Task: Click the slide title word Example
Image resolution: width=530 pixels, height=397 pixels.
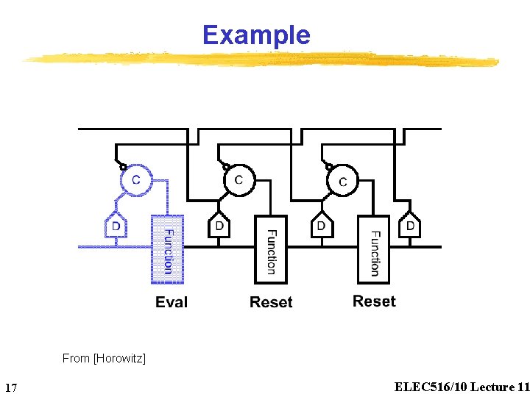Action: pyautogui.click(x=256, y=35)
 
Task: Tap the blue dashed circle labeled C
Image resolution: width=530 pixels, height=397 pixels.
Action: pyautogui.click(x=135, y=180)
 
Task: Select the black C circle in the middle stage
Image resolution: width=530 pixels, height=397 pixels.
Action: pyautogui.click(x=239, y=180)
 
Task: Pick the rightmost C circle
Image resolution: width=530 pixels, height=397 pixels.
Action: pyautogui.click(x=342, y=181)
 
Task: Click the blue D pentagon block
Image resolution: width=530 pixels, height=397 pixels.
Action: pyautogui.click(x=116, y=227)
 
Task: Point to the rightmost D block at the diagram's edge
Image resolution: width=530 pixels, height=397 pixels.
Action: pyautogui.click(x=410, y=226)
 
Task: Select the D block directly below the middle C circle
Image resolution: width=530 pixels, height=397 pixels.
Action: pyautogui.click(x=219, y=226)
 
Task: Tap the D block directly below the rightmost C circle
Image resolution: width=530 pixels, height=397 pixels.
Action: pyautogui.click(x=321, y=226)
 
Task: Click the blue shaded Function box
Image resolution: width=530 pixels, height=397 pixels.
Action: pyautogui.click(x=167, y=249)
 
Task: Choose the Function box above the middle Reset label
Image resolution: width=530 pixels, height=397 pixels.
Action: pyautogui.click(x=270, y=249)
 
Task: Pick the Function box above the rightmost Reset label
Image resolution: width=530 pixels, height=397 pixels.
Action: pyautogui.click(x=373, y=249)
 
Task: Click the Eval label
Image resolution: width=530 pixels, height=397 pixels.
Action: pyautogui.click(x=172, y=302)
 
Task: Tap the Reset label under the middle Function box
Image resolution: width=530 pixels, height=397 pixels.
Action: pyautogui.click(x=271, y=302)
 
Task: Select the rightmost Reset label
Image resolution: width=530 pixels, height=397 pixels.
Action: pyautogui.click(x=374, y=301)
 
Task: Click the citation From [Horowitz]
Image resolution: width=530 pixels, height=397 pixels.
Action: pyautogui.click(x=104, y=359)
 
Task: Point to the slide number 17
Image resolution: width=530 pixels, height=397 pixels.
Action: pyautogui.click(x=11, y=387)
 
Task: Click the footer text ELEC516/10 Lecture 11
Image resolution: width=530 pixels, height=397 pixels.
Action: pyautogui.click(x=462, y=387)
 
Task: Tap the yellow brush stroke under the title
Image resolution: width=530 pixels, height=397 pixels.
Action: pyautogui.click(x=258, y=59)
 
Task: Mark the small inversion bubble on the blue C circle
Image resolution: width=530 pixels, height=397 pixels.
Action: pyautogui.click(x=124, y=167)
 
